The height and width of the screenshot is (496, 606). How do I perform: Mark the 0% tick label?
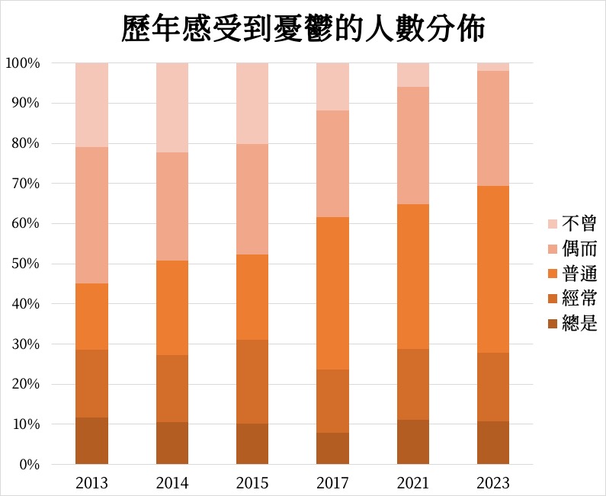click(29, 464)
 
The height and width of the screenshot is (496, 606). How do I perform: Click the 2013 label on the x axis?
click(91, 483)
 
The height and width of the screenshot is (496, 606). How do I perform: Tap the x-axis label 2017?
click(332, 483)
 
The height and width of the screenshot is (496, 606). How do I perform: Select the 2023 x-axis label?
click(493, 483)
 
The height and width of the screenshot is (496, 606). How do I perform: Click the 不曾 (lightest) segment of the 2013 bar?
click(91, 104)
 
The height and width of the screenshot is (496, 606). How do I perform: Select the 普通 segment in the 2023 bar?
click(493, 269)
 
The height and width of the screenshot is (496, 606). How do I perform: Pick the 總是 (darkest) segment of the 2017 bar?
click(332, 449)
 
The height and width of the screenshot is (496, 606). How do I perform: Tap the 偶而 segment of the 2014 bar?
click(172, 206)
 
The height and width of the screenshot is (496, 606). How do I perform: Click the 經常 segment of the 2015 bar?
click(252, 382)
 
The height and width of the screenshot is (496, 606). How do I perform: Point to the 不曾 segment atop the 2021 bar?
click(413, 75)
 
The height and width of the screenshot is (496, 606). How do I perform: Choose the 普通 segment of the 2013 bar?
click(91, 316)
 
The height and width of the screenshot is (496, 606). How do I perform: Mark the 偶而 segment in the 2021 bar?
click(413, 146)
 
